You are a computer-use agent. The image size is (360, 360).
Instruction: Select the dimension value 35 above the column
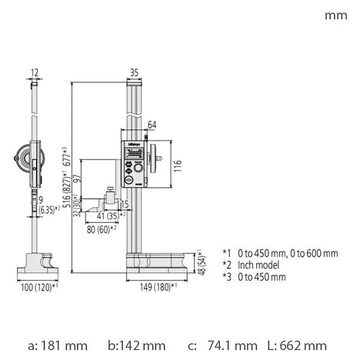click(134, 73)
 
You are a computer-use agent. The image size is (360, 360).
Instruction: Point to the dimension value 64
click(152, 125)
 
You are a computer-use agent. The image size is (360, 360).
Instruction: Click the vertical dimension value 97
click(76, 180)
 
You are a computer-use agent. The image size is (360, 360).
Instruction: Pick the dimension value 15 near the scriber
click(124, 205)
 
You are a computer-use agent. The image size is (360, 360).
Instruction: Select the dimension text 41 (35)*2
click(108, 215)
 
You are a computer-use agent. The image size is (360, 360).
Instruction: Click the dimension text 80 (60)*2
click(100, 229)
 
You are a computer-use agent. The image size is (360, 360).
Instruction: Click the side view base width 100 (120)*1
click(38, 287)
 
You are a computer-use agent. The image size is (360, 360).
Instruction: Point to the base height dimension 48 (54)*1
click(201, 262)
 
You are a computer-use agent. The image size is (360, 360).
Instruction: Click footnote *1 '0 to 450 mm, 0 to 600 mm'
click(280, 253)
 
